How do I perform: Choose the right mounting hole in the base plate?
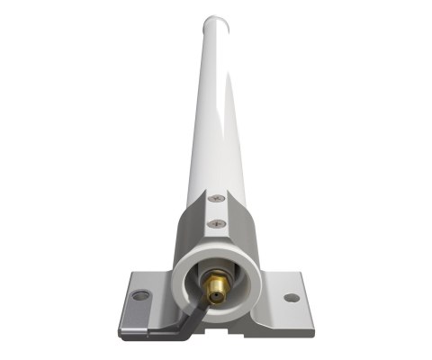point(291,297)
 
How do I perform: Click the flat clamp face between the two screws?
point(216,211)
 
